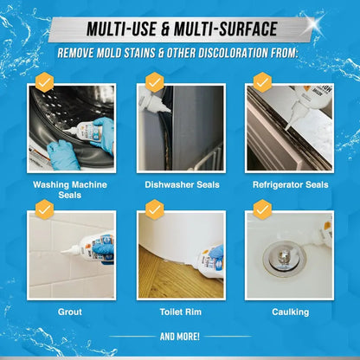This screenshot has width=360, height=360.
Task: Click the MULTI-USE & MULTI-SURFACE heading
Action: [x=180, y=28]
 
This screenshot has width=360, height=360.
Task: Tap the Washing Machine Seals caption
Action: [x=69, y=190]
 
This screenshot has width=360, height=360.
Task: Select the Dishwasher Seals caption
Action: [x=181, y=184]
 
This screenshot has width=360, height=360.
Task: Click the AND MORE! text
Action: [x=180, y=336]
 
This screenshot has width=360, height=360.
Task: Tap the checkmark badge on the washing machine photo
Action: [x=42, y=83]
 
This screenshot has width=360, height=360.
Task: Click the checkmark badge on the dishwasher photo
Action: [x=154, y=83]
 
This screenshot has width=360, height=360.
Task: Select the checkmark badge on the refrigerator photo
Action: [x=262, y=83]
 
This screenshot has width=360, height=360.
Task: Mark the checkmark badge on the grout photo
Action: [x=42, y=209]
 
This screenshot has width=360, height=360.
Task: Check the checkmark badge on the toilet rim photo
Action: [x=154, y=209]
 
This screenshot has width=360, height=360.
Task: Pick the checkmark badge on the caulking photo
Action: [x=262, y=209]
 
